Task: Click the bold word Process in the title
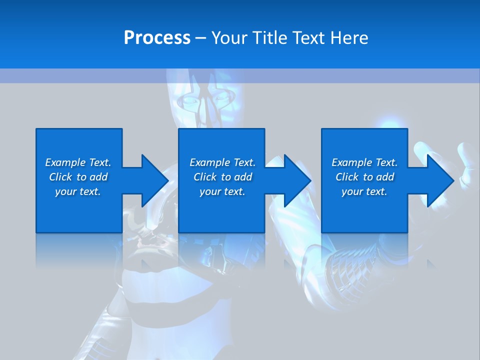[x=157, y=38]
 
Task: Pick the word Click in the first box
[x=61, y=177]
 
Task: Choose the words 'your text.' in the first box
[x=78, y=191]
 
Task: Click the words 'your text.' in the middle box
[x=222, y=191]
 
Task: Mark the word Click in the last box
[x=347, y=177]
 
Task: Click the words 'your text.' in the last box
[x=364, y=191]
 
